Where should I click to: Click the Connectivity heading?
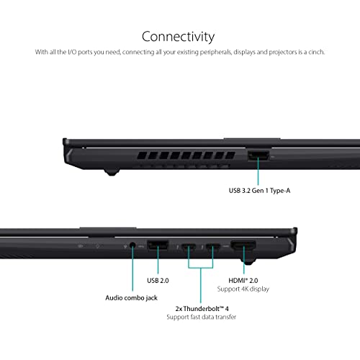(178, 37)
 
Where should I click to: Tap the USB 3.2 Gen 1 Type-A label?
(259, 191)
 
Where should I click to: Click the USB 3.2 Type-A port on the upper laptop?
(258, 156)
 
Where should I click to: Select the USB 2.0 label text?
(158, 280)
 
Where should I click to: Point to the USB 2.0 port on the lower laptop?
(158, 246)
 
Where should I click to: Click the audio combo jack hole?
(132, 246)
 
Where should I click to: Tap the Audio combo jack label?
(132, 298)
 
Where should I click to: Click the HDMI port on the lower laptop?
(243, 246)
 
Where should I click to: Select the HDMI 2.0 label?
(243, 280)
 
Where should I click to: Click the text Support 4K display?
(243, 289)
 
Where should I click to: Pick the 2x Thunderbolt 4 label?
(202, 308)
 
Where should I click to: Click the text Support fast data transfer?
(202, 317)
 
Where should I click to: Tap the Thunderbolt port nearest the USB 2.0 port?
(189, 246)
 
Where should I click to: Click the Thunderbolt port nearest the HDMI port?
(213, 246)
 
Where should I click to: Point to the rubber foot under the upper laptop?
(112, 172)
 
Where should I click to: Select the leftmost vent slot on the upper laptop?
(142, 156)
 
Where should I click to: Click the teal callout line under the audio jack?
(132, 269)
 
